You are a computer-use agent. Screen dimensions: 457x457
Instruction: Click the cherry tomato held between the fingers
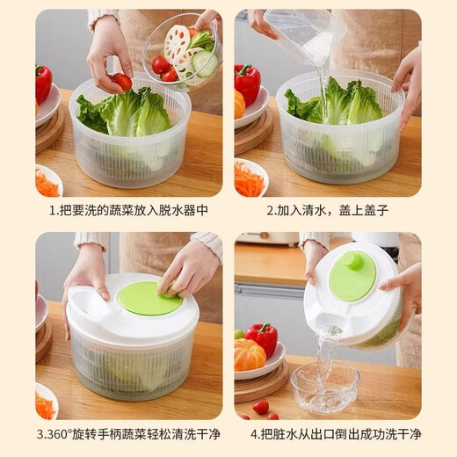(x=123, y=82)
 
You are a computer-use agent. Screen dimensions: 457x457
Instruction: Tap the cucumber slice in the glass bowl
(x=204, y=62)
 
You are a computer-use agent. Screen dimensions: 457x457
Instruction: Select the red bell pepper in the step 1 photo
(x=43, y=83)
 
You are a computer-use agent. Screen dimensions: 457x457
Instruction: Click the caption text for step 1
(x=128, y=210)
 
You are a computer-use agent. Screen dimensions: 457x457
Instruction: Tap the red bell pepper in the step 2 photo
(x=247, y=83)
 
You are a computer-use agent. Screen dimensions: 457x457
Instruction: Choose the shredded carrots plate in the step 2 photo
(x=250, y=178)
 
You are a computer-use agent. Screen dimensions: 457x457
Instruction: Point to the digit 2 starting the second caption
(x=270, y=210)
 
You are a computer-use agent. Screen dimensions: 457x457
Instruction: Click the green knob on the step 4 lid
(x=352, y=261)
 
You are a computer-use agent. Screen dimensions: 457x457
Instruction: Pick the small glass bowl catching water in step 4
(x=324, y=387)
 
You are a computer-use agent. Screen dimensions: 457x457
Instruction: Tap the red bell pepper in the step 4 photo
(x=261, y=338)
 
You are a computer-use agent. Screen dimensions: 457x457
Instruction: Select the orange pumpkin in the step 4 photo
(x=250, y=354)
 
